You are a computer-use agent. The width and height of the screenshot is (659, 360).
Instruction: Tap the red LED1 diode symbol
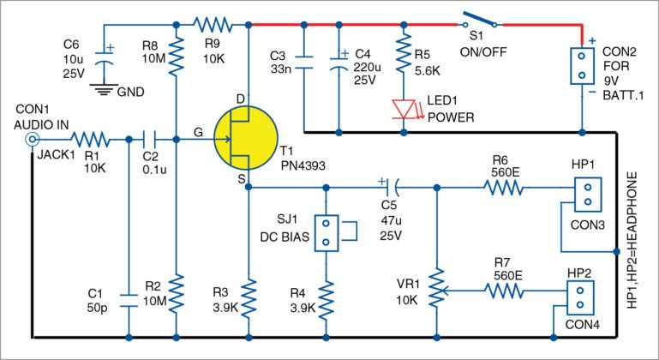click(402, 108)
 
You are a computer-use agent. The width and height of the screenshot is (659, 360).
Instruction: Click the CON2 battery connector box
click(582, 65)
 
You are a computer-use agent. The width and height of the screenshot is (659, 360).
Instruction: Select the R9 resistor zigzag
click(210, 21)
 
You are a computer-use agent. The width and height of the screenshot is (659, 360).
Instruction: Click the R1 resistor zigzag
click(88, 138)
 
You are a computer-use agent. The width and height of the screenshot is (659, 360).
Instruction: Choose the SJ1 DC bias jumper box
click(326, 232)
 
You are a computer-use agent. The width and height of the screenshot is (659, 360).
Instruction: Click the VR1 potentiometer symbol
click(438, 292)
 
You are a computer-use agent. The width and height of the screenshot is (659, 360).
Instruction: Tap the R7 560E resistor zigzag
click(506, 292)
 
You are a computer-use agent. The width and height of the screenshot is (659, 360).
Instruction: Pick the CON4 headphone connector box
click(580, 297)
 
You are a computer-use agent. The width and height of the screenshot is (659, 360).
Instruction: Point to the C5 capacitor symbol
click(389, 184)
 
